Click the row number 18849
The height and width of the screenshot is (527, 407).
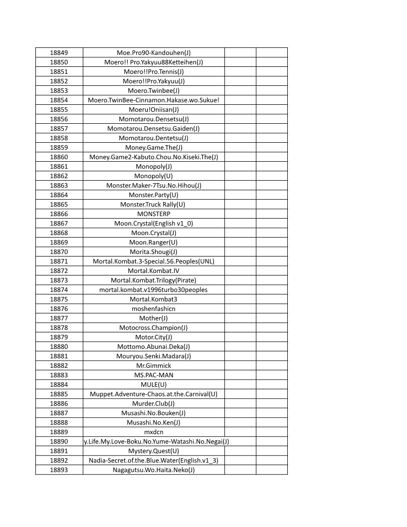[59, 52]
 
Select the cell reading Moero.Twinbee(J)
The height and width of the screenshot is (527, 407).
[154, 90]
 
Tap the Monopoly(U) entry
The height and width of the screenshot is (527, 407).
[154, 176]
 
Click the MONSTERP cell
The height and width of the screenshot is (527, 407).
[154, 214]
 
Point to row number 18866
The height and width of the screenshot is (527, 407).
[59, 214]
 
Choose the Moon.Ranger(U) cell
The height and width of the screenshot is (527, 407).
[154, 242]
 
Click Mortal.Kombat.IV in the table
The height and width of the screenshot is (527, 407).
[154, 270]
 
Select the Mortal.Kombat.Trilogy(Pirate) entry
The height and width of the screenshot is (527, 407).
[154, 280]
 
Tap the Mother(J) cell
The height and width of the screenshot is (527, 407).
[154, 318]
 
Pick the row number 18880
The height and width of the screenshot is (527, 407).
[59, 346]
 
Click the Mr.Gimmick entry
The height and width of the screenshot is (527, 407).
[154, 365]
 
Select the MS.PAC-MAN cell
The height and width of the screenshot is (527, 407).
[154, 375]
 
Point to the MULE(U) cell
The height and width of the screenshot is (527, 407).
[154, 384]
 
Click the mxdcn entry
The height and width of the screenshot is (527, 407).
[154, 432]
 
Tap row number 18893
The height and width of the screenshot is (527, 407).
[59, 470]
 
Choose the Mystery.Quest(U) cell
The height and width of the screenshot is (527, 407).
[154, 451]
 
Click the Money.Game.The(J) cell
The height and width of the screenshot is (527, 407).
[154, 147]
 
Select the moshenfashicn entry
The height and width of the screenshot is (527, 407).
[154, 308]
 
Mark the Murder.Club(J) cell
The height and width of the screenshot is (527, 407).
[154, 403]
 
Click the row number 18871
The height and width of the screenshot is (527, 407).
[59, 261]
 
